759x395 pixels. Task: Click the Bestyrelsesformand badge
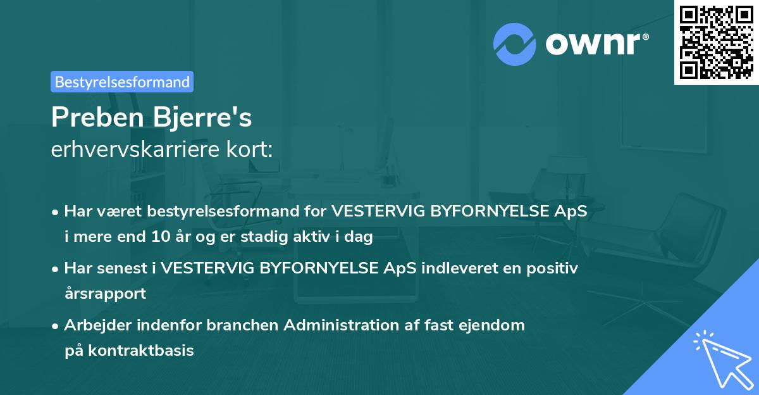[x=122, y=82]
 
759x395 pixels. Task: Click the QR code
[x=716, y=42]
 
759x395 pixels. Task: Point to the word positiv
[x=550, y=268]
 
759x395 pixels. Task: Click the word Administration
[x=345, y=325]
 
